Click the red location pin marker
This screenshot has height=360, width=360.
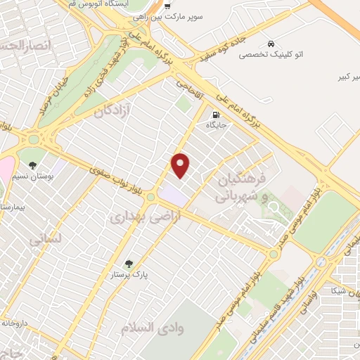pos(181,165)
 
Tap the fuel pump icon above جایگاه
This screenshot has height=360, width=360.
pos(214,115)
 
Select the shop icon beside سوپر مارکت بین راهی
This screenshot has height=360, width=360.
pos(167,5)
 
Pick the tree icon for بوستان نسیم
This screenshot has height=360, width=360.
pos(34,165)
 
